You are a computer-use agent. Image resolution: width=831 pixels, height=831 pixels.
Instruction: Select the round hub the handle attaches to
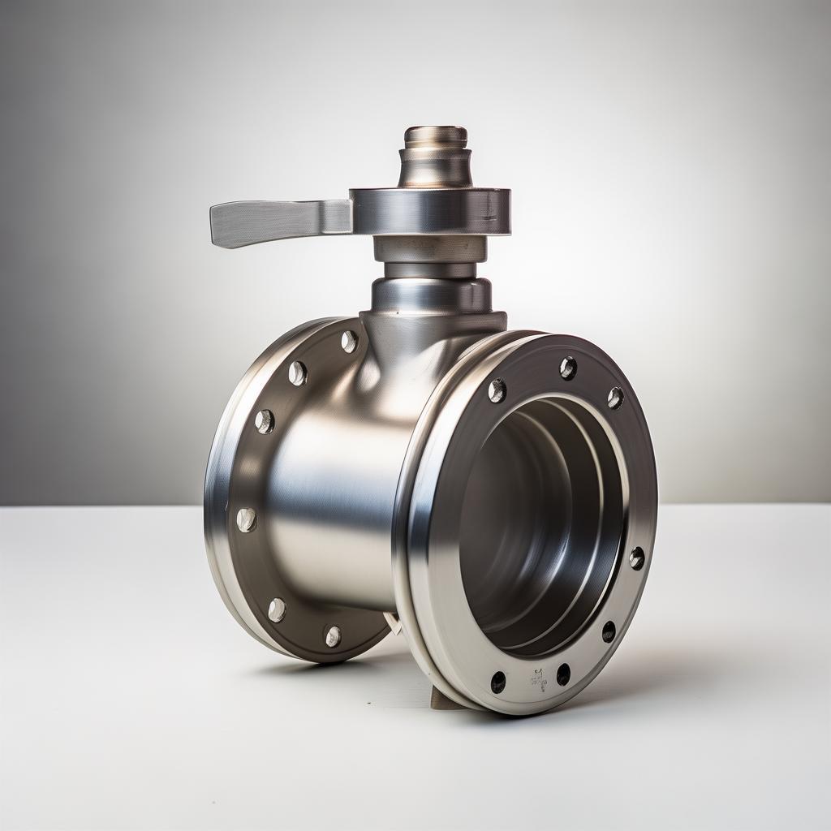(430, 211)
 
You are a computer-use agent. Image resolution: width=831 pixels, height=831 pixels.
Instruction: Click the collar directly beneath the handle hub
(430, 249)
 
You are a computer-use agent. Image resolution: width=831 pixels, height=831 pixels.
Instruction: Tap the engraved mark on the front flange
(537, 678)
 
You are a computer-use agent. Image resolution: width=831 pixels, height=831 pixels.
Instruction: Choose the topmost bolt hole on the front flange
(568, 368)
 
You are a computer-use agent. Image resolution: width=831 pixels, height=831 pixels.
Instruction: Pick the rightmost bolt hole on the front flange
(637, 558)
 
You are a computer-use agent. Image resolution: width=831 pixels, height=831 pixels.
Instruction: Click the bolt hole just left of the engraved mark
(498, 682)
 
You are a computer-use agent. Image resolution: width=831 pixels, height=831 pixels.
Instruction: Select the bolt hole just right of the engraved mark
(563, 674)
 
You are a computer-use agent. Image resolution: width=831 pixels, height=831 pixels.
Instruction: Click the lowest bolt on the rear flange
(333, 635)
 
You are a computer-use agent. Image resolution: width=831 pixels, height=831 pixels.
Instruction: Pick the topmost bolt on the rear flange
(349, 341)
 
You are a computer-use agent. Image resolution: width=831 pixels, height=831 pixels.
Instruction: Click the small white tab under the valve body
(394, 623)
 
